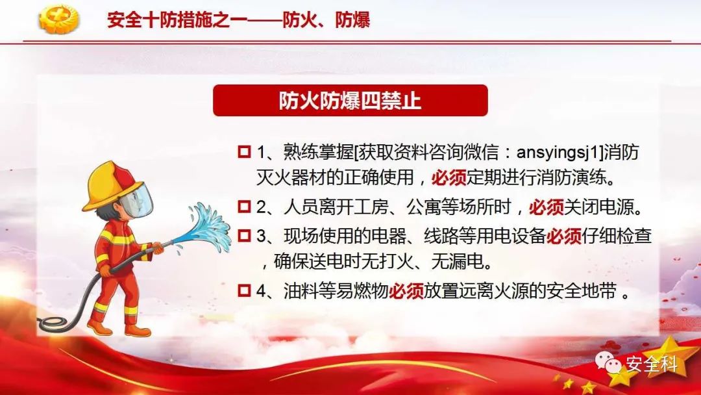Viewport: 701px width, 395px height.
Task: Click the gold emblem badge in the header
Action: pyautogui.click(x=58, y=19)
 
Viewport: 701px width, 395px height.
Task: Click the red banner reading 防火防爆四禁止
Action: pyautogui.click(x=350, y=100)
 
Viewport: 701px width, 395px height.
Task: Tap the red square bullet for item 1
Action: pyautogui.click(x=244, y=151)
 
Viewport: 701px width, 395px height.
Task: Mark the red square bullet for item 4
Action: pyautogui.click(x=244, y=291)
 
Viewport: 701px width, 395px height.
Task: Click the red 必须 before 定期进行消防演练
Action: pyautogui.click(x=449, y=178)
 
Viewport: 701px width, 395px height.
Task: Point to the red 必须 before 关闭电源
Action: pyautogui.click(x=547, y=207)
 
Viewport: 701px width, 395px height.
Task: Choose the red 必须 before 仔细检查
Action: pyautogui.click(x=564, y=236)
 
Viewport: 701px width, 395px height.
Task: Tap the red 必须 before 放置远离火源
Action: pyautogui.click(x=406, y=292)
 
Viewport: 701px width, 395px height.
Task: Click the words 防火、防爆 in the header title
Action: pyautogui.click(x=326, y=20)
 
